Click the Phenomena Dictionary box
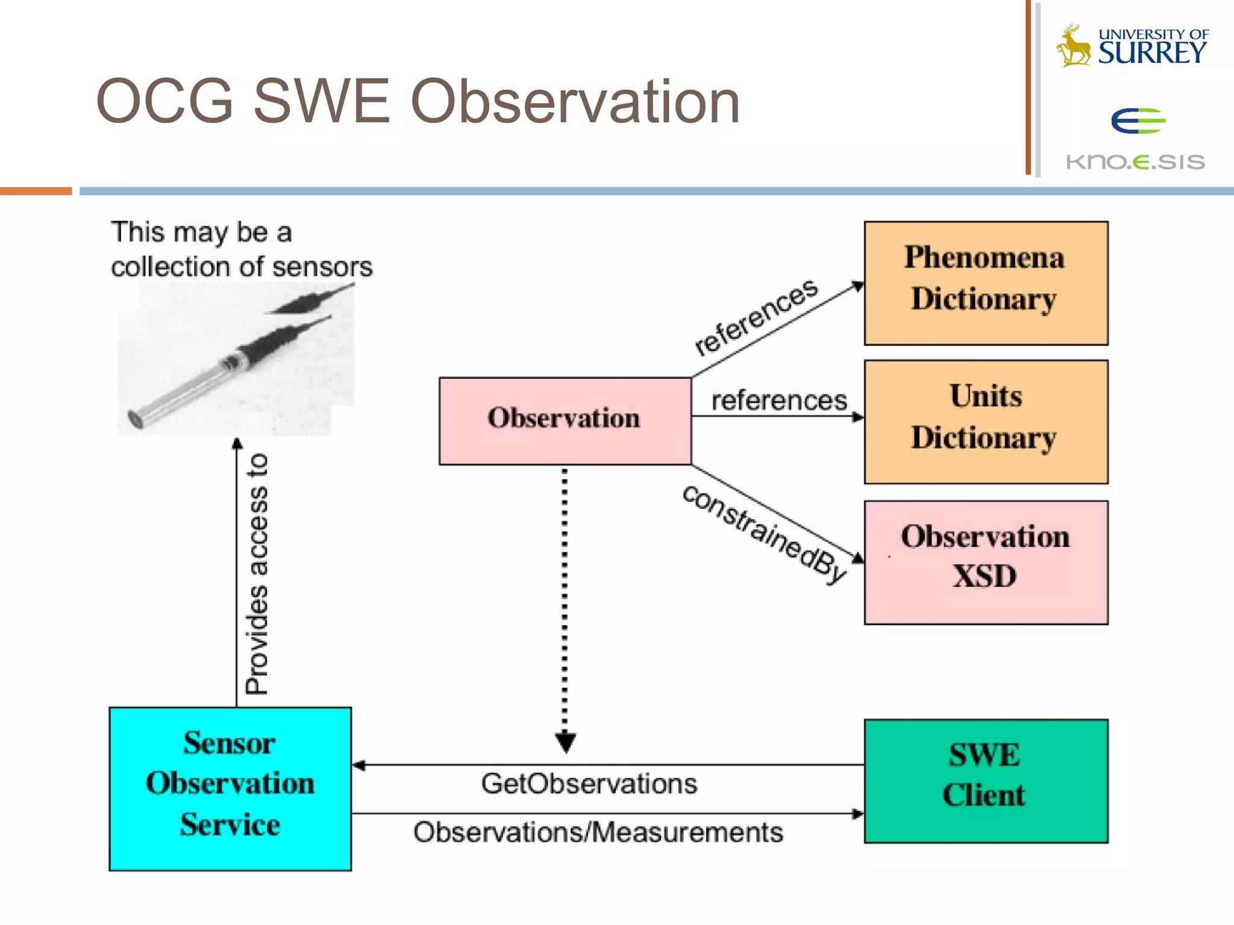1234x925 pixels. (x=986, y=283)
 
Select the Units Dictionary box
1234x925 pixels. (x=986, y=422)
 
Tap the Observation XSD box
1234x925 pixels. (x=986, y=562)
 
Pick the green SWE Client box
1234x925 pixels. (x=986, y=780)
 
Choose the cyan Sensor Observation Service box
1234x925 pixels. (x=230, y=788)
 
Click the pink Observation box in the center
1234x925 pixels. (x=565, y=420)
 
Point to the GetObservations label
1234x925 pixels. (x=589, y=784)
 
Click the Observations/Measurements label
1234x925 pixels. (x=598, y=832)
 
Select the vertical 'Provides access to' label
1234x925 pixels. (x=257, y=574)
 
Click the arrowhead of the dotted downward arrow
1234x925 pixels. (x=565, y=743)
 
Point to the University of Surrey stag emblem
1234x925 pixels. (x=1074, y=46)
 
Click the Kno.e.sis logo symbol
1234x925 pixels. (x=1138, y=121)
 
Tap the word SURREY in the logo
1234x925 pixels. (x=1152, y=53)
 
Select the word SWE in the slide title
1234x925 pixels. (x=321, y=101)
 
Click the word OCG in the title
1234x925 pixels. (x=164, y=101)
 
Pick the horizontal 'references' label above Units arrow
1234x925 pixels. (x=779, y=400)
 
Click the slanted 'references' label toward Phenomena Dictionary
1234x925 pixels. (x=757, y=317)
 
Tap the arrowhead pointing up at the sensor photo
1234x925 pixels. (x=237, y=444)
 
